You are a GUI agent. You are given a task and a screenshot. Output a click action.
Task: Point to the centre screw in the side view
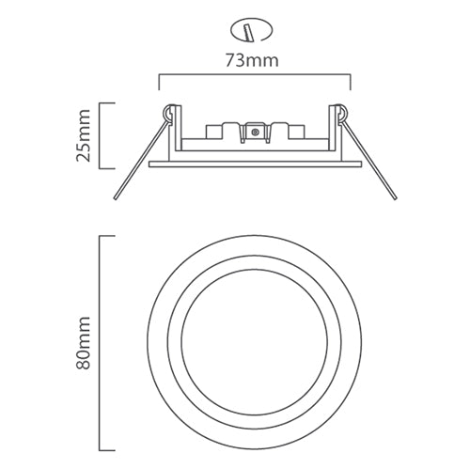click(x=255, y=133)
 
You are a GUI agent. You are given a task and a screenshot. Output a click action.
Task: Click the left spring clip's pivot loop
click(x=169, y=111)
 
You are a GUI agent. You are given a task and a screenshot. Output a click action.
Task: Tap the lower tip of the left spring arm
click(x=116, y=199)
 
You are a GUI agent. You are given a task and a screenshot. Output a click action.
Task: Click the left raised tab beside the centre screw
click(x=227, y=126)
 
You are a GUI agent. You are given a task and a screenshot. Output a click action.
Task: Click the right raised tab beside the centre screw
click(x=279, y=126)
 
